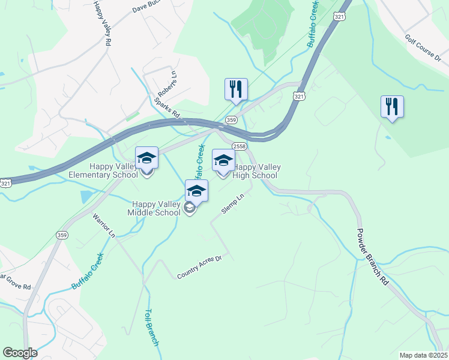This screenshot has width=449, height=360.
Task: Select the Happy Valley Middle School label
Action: tap(154, 208)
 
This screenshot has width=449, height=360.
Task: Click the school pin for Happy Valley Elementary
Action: tap(146, 158)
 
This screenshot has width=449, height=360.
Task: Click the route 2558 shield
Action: tap(238, 146)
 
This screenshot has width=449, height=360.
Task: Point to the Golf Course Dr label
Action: tap(423, 49)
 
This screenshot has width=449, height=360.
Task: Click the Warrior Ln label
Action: tap(103, 224)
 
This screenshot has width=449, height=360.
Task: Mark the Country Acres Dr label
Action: tap(199, 268)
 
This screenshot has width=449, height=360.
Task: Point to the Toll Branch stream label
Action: tap(151, 328)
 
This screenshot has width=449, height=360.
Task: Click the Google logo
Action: tap(20, 353)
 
